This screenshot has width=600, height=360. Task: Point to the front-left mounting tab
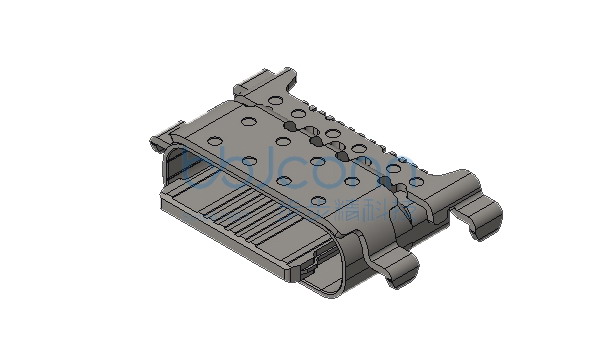pos(160,135)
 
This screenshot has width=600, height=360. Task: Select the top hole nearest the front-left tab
pos(216,139)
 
